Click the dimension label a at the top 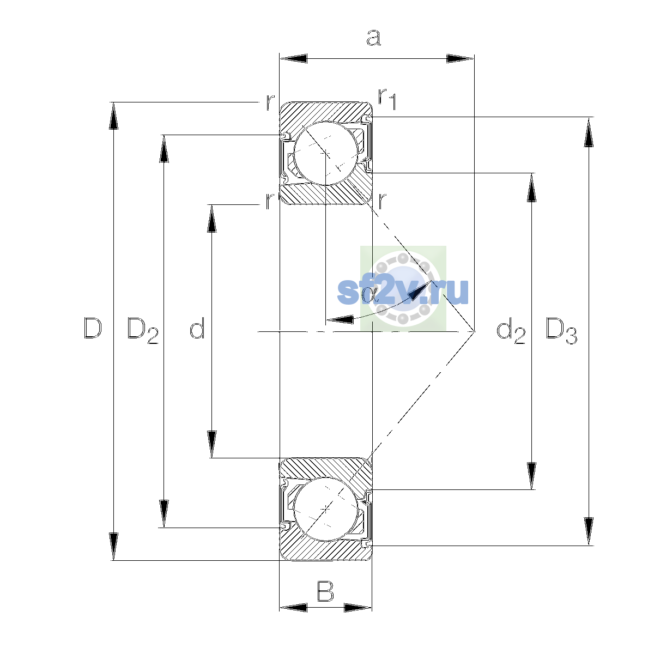pyautogui.click(x=374, y=38)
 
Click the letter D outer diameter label pyautogui.click(x=93, y=328)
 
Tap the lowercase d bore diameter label pyautogui.click(x=197, y=328)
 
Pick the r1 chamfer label pyautogui.click(x=387, y=99)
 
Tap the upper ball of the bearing pyautogui.click(x=326, y=153)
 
